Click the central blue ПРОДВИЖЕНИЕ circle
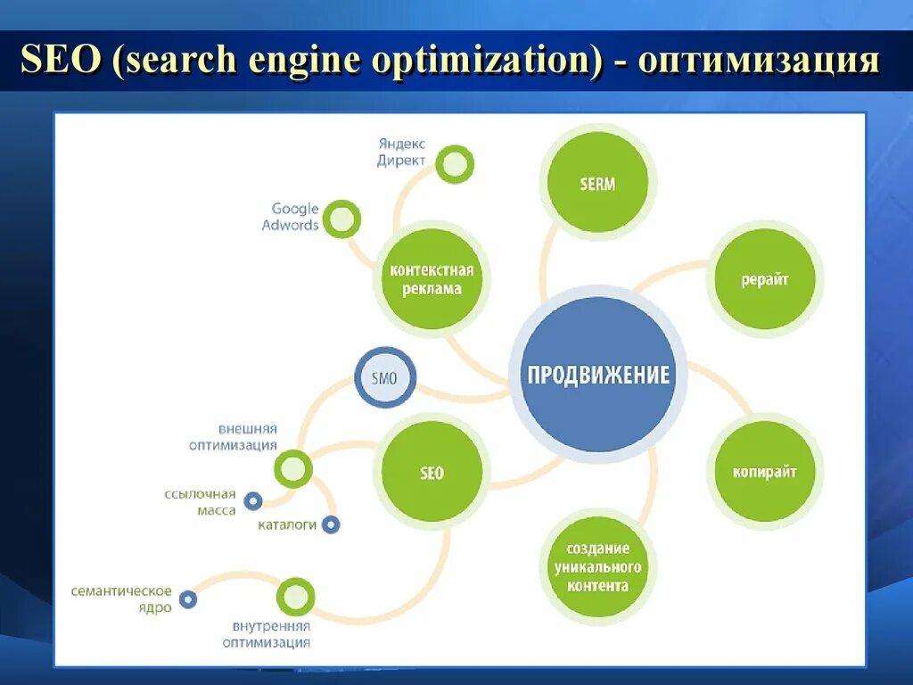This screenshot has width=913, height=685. (597, 374)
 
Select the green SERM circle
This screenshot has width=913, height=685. (597, 184)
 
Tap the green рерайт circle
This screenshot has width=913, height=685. (764, 279)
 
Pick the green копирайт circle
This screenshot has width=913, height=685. (764, 471)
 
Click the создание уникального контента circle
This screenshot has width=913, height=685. (597, 566)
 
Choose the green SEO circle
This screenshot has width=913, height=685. (432, 472)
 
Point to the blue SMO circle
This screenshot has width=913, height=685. (385, 378)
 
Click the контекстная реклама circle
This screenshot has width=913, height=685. (432, 279)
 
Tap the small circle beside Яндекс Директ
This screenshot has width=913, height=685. (455, 164)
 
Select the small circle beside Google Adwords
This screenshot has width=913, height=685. (341, 219)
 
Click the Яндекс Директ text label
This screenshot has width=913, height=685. (401, 152)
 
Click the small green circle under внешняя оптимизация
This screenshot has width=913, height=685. (292, 468)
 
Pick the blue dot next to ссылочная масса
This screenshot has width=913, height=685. (253, 501)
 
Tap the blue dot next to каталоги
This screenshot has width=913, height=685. (331, 524)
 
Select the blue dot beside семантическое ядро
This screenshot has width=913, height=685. (187, 599)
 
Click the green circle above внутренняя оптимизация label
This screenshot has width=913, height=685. (295, 597)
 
